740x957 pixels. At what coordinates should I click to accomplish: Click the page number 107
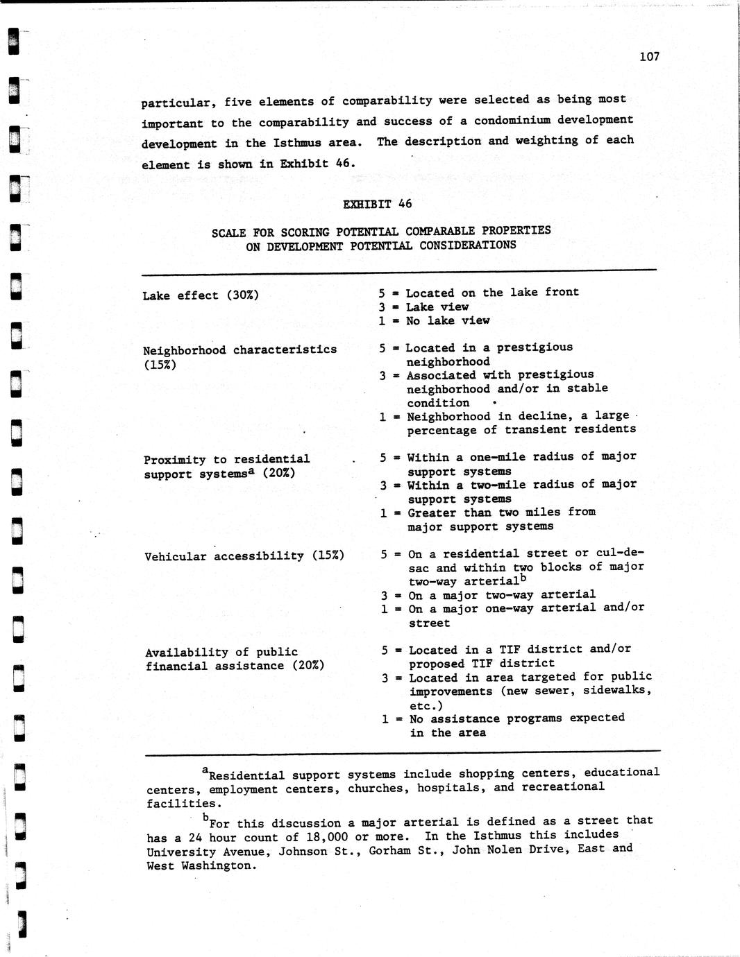click(x=649, y=57)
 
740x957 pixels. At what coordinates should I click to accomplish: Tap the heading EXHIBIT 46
click(x=377, y=204)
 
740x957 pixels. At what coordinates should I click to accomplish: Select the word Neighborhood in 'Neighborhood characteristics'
click(x=184, y=350)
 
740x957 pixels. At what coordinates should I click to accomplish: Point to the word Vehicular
click(x=176, y=556)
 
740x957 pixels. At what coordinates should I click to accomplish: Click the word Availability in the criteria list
click(x=183, y=653)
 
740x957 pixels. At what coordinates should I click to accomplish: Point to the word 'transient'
click(x=536, y=429)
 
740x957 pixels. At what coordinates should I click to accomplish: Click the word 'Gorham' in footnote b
click(x=390, y=850)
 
